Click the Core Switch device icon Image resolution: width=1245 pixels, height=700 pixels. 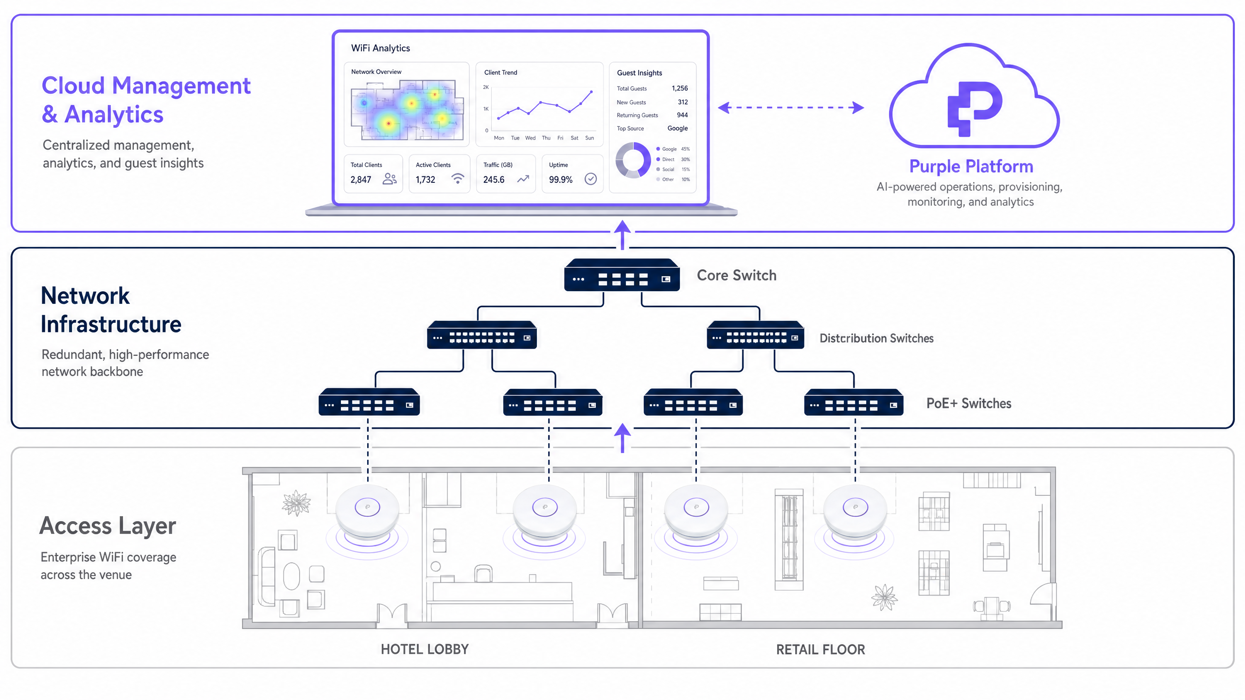(x=622, y=275)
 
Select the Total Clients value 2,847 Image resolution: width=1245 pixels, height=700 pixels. (x=361, y=180)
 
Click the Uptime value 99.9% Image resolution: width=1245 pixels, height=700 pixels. (x=561, y=180)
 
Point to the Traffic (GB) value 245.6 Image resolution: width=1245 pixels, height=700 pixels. (x=494, y=180)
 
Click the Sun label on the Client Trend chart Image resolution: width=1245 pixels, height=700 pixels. (x=589, y=138)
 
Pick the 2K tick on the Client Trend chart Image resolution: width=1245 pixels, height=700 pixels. (x=486, y=87)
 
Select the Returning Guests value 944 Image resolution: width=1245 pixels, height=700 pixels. (x=682, y=115)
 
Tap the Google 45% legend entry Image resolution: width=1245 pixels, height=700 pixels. (x=673, y=149)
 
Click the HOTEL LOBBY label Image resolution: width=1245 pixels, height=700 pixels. (x=425, y=649)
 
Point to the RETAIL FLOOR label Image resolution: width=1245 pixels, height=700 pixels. (x=820, y=650)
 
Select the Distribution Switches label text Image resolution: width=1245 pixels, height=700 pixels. (x=876, y=338)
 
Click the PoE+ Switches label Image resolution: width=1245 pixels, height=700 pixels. (x=969, y=403)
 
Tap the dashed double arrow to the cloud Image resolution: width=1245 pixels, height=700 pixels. (x=791, y=107)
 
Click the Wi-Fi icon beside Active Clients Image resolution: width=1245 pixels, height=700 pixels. (x=457, y=178)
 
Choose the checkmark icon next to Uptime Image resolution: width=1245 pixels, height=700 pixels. (x=590, y=179)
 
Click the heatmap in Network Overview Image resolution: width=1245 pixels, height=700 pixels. (x=407, y=110)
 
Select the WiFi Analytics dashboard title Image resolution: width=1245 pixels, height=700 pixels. (x=380, y=48)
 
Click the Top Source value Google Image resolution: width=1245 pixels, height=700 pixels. (x=677, y=128)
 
